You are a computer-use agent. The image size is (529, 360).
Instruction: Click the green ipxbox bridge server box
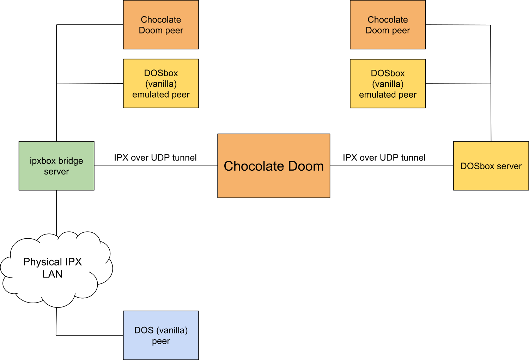(56, 166)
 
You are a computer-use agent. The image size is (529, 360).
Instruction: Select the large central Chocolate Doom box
(274, 166)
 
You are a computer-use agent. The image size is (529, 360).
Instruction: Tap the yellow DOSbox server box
(491, 166)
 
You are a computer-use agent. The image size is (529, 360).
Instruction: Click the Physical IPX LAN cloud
(53, 268)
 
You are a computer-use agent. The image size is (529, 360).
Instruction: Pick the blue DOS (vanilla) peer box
(161, 335)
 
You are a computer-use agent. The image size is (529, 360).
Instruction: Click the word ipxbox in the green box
(43, 161)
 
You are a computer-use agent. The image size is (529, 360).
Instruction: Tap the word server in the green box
(56, 172)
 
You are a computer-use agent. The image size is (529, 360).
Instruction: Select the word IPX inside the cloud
(73, 262)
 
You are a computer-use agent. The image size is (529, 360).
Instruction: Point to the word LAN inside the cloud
(52, 274)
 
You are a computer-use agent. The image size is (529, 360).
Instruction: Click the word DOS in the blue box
(144, 330)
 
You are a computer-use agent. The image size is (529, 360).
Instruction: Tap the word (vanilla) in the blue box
(172, 330)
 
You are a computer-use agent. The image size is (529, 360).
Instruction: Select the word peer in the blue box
(161, 341)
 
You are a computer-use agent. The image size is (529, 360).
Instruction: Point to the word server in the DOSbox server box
(509, 166)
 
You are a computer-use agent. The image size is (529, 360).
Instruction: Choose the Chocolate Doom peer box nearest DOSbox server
(388, 25)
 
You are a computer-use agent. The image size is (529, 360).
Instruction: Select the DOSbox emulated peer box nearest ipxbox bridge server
(161, 84)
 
